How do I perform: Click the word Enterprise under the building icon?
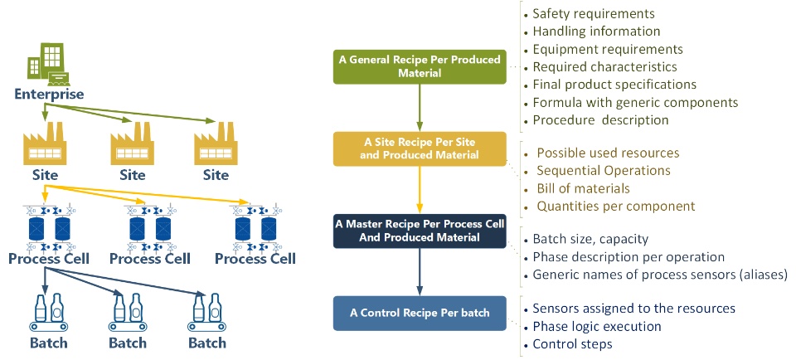49,95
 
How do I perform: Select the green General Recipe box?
419,66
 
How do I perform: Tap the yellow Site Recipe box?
419,148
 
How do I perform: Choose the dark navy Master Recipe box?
419,231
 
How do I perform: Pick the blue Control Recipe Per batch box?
419,313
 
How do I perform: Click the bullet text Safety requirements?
594,13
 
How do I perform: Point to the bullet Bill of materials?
583,188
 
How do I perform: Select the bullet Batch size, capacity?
590,239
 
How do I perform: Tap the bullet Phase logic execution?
596,326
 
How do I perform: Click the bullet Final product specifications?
614,85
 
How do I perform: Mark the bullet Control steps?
571,343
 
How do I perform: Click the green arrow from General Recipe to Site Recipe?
419,107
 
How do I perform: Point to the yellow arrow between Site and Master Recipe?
419,189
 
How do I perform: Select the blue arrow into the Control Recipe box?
419,271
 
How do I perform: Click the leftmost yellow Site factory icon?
45,147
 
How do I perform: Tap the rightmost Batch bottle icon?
204,314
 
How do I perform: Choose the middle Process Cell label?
150,259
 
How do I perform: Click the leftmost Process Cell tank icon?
48,227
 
